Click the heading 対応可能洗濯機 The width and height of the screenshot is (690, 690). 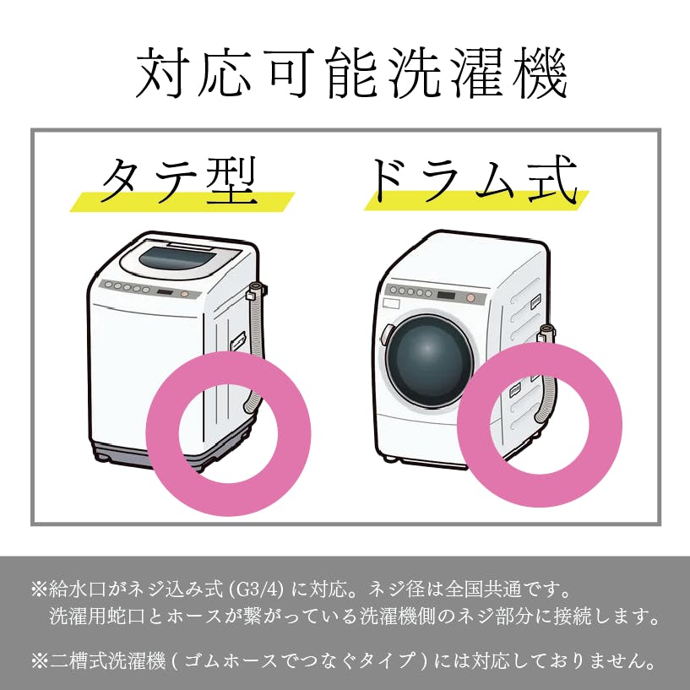350,73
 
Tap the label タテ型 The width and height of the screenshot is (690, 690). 179,181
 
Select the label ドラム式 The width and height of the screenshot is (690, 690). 475,181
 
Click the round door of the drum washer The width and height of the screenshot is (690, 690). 428,360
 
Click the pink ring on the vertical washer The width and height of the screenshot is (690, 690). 162,433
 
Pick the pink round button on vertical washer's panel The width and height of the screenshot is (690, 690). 184,294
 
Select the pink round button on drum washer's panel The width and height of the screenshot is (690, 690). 471,298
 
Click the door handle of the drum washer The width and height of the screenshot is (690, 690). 386,334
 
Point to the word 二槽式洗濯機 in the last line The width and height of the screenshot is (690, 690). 108,661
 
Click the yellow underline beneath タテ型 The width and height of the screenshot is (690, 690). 182,202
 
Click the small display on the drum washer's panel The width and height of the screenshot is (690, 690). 446,296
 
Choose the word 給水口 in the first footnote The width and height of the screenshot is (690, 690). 78,589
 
